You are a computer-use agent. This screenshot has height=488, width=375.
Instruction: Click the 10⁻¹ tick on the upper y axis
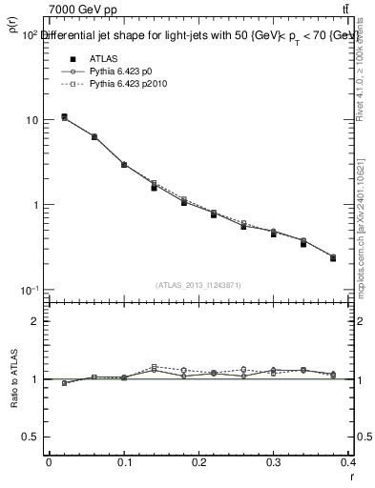click(x=30, y=290)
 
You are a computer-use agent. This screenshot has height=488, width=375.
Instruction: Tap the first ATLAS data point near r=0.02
click(x=64, y=117)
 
